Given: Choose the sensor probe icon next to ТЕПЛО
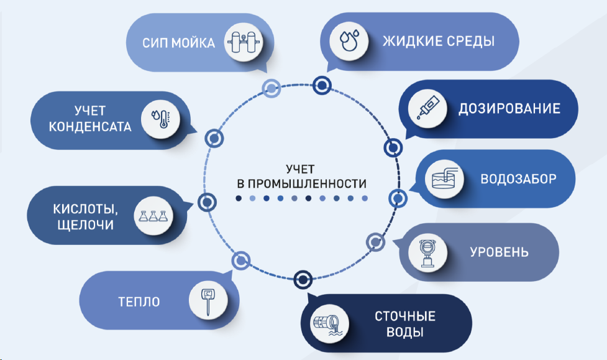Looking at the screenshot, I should coord(206,301).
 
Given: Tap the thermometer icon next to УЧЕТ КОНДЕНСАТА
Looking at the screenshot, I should coord(160,118).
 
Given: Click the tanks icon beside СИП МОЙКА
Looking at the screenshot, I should coord(243,43).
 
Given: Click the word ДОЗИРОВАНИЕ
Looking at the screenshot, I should coord(509,109).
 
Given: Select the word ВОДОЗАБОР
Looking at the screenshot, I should coord(518,178).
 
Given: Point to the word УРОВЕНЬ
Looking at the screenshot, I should coord(499,252).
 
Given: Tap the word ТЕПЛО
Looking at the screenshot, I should coord(139,302).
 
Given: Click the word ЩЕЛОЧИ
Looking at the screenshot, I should coord(83,224).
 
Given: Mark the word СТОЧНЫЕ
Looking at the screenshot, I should coord(404,315).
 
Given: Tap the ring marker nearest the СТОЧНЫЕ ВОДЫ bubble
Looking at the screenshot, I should coord(303,279).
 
